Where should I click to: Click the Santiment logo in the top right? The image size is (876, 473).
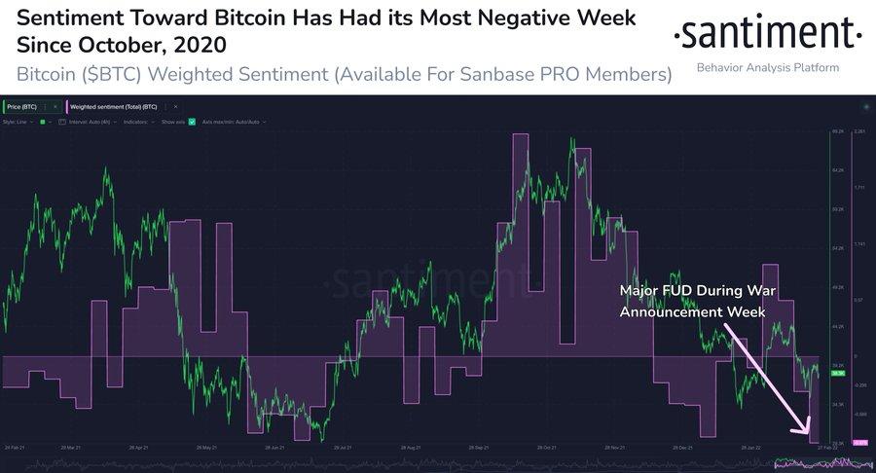[x=767, y=36]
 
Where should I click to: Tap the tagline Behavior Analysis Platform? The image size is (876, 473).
[x=767, y=68]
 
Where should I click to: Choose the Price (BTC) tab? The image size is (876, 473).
[x=24, y=106]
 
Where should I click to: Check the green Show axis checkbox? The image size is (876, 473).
[x=193, y=122]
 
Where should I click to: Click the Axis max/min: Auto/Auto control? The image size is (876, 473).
[x=233, y=122]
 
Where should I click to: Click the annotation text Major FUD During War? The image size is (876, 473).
[x=697, y=290]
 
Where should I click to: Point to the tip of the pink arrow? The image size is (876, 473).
[x=807, y=431]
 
